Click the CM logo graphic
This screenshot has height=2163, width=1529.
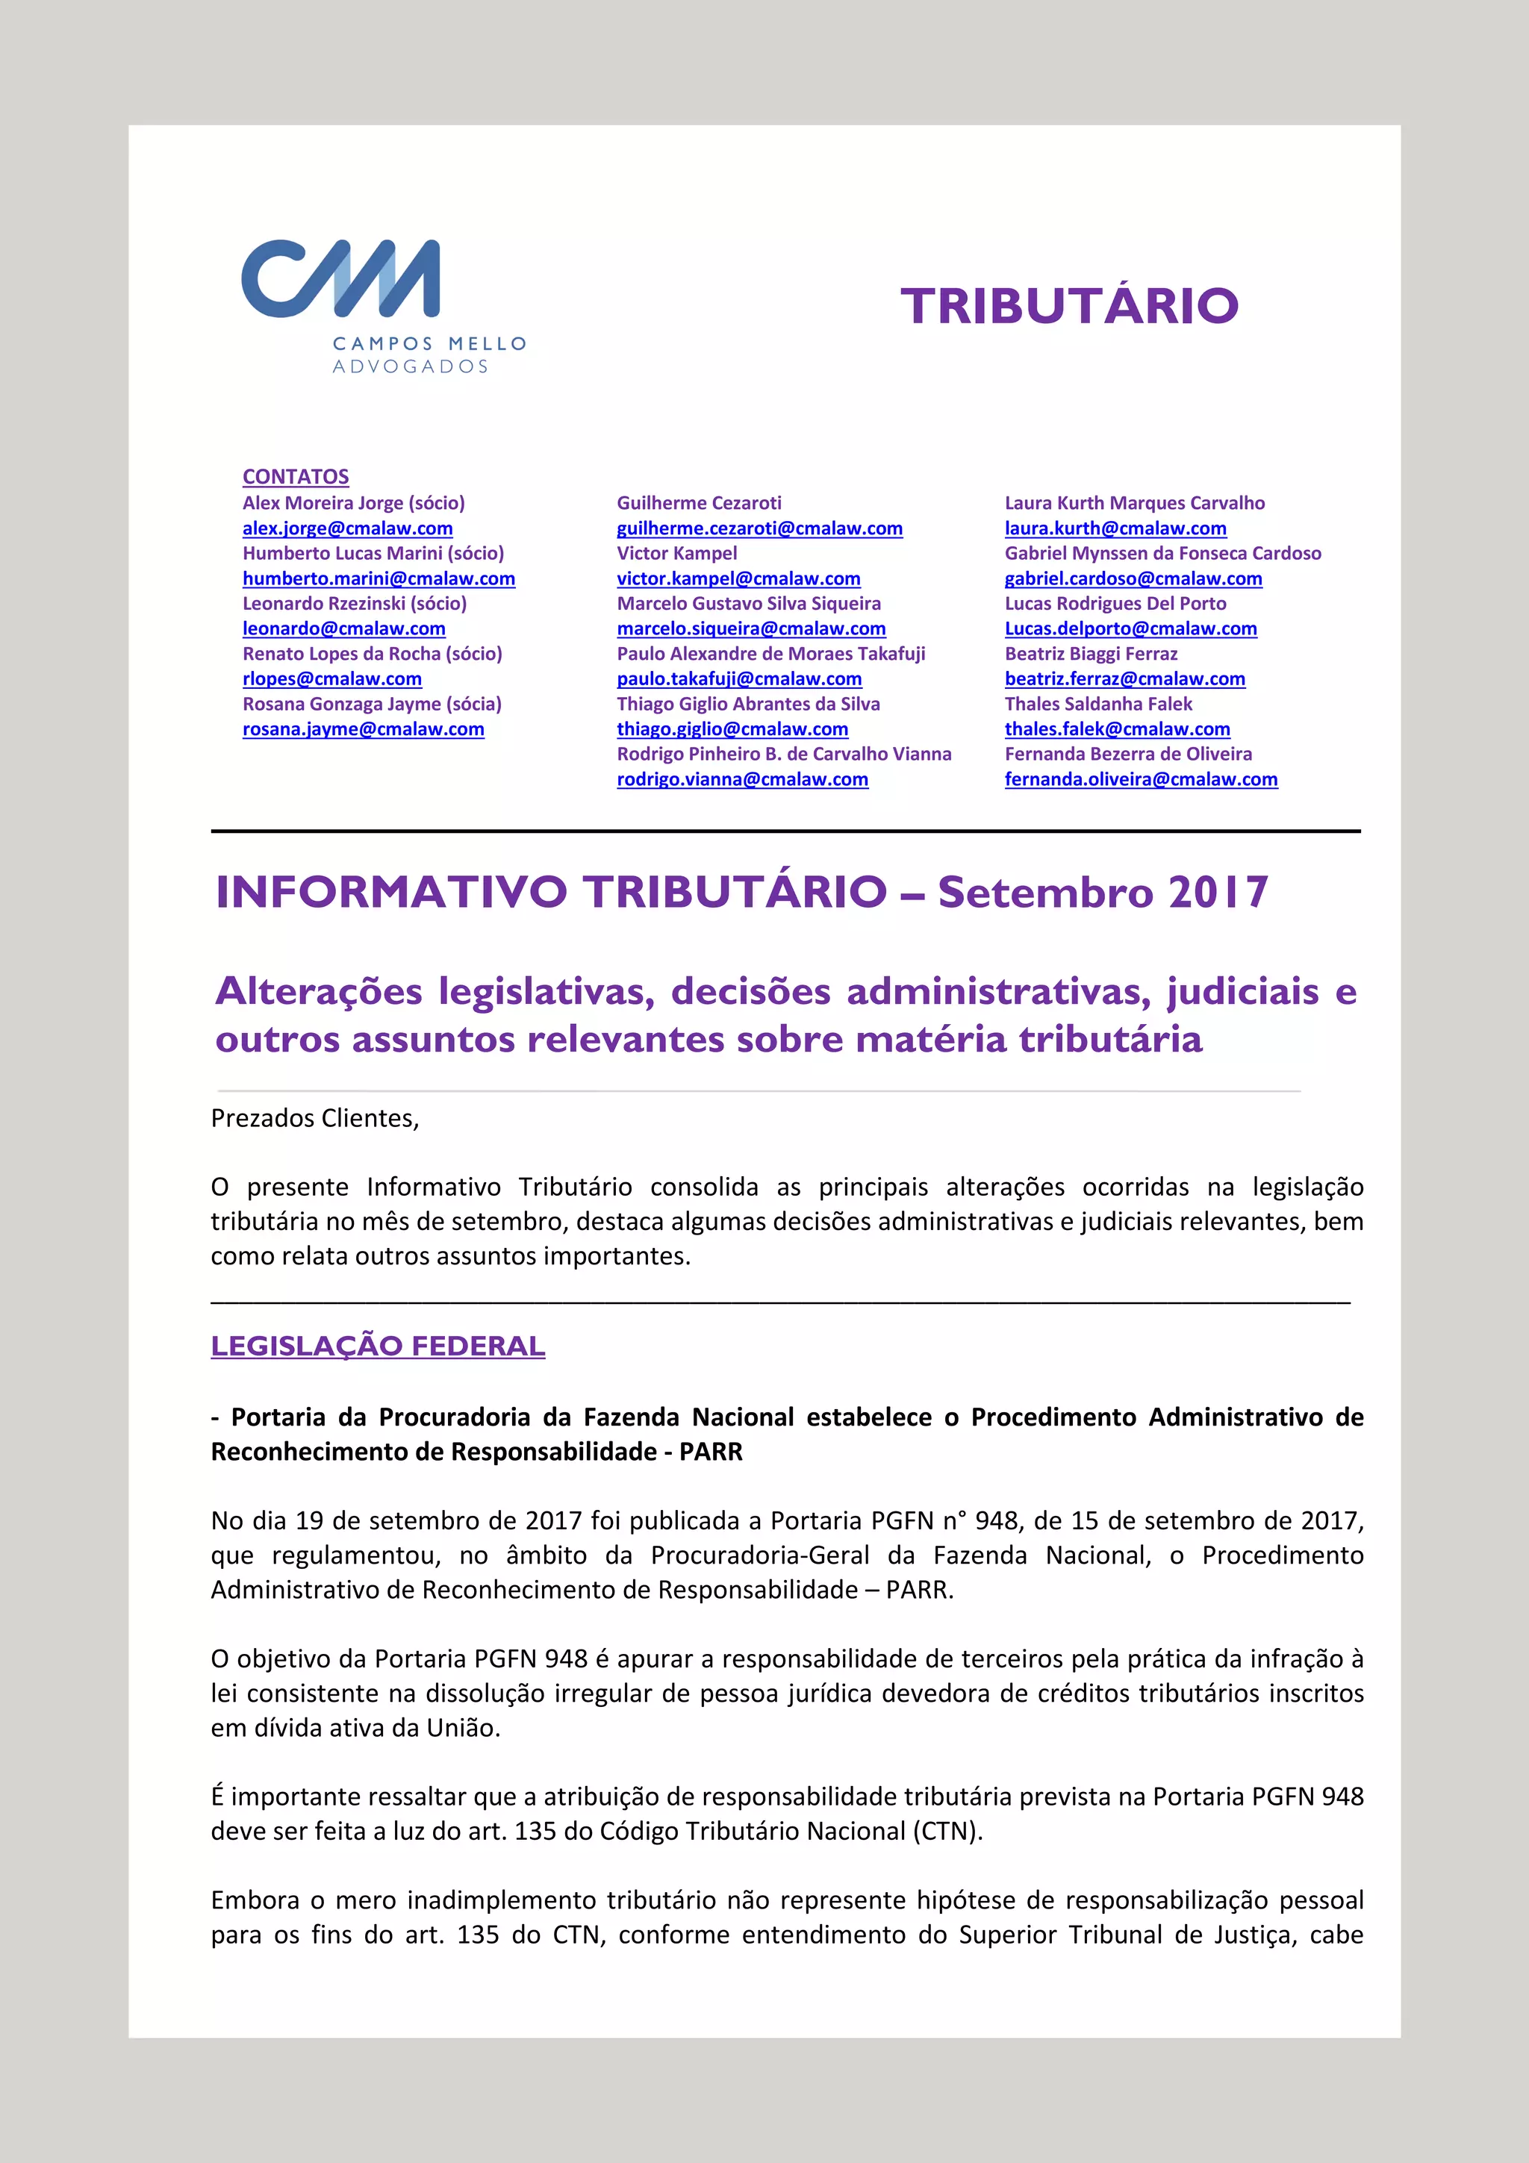(340, 279)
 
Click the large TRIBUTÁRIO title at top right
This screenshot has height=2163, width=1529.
(1068, 306)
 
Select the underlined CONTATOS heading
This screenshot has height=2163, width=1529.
(296, 477)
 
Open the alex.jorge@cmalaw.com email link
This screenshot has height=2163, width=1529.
(348, 528)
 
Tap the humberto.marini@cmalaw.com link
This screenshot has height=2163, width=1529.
(379, 578)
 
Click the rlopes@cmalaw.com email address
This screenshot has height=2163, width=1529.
(331, 678)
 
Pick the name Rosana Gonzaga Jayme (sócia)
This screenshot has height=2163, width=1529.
(372, 704)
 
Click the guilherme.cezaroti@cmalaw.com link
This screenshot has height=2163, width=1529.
(759, 528)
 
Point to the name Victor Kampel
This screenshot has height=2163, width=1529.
(676, 553)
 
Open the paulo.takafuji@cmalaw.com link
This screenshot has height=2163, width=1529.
(738, 678)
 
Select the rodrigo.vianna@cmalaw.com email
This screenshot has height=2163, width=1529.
(742, 779)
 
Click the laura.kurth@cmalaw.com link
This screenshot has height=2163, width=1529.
(1115, 528)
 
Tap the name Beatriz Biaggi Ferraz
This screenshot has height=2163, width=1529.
(1091, 654)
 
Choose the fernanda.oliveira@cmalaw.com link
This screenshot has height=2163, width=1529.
(1141, 779)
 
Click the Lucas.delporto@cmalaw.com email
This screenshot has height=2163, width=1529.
(1130, 628)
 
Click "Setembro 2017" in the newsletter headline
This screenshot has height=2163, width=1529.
(1103, 892)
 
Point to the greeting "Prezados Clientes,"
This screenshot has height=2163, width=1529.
(314, 1118)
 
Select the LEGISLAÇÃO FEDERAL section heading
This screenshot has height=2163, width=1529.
(378, 1346)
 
